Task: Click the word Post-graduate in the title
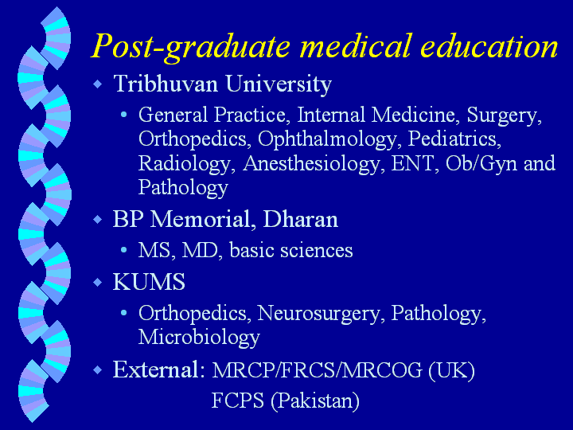coord(190,47)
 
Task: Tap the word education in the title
coord(489,46)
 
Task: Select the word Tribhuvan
coord(166,84)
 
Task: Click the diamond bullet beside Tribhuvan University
coord(98,84)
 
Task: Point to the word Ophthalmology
coord(327,140)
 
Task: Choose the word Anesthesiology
coord(311,164)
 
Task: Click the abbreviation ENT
coord(413,163)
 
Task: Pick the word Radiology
coord(185,164)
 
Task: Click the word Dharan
coord(300,220)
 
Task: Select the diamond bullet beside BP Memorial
coord(98,220)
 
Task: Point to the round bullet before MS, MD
coord(123,251)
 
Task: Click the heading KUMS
coord(149,282)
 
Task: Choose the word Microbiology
coord(199,337)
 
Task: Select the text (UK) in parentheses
coord(452,370)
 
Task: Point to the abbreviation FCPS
coord(237,400)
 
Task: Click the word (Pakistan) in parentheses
coord(315,401)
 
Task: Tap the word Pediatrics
coord(454,139)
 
